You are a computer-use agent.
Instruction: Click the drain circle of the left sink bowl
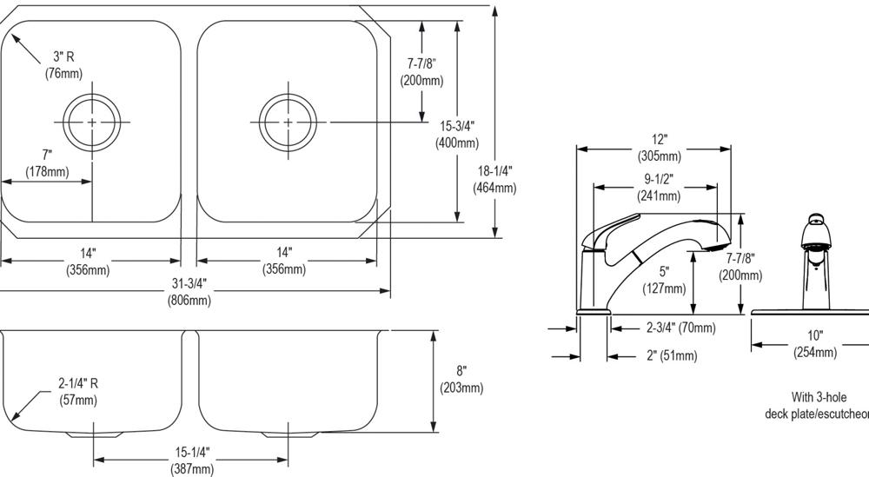coord(91,96)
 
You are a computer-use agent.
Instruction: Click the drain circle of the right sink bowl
coord(288,96)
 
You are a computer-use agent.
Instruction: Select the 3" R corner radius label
coord(63,64)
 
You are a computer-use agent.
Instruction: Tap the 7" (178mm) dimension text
coord(47,163)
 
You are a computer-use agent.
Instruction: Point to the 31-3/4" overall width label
coord(189,291)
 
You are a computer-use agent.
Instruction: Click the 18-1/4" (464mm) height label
coord(494,179)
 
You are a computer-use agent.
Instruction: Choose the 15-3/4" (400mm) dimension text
coord(457,134)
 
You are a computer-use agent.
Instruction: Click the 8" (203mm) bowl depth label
coord(461,379)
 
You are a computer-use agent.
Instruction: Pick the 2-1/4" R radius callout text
coord(78,391)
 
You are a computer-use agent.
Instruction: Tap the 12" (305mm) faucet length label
coord(659,148)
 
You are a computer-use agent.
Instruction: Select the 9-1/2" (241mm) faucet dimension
coord(659,187)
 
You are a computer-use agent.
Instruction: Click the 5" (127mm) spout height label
coord(664,280)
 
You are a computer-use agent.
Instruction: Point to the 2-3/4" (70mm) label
coord(681,328)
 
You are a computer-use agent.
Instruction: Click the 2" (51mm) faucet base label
coord(672,355)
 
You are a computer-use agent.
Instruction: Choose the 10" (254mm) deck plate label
coord(815,343)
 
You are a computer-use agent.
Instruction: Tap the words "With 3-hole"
coord(819,397)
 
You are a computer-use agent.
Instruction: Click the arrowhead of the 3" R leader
coord(15,40)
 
